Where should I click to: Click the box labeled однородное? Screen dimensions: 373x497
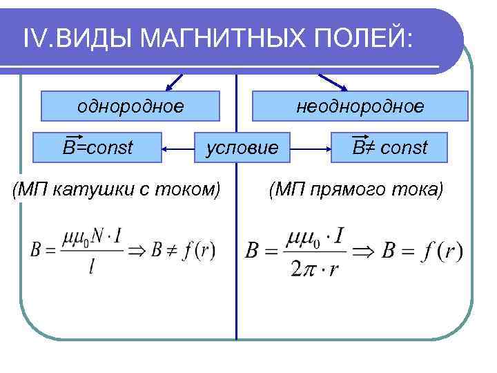click(x=130, y=106)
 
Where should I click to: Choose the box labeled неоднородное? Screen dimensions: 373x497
click(x=360, y=106)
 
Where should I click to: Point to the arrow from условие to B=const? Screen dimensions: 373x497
click(x=179, y=147)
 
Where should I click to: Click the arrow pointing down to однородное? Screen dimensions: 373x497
click(x=175, y=82)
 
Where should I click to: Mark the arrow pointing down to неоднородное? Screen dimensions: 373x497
click(x=331, y=82)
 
